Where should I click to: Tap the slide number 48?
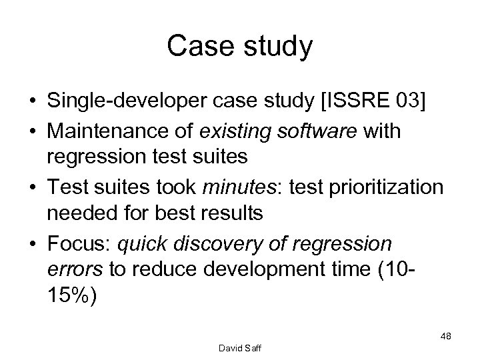pos(445,337)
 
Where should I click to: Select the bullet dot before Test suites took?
pos(32,188)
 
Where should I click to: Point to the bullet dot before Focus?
pos(32,244)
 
